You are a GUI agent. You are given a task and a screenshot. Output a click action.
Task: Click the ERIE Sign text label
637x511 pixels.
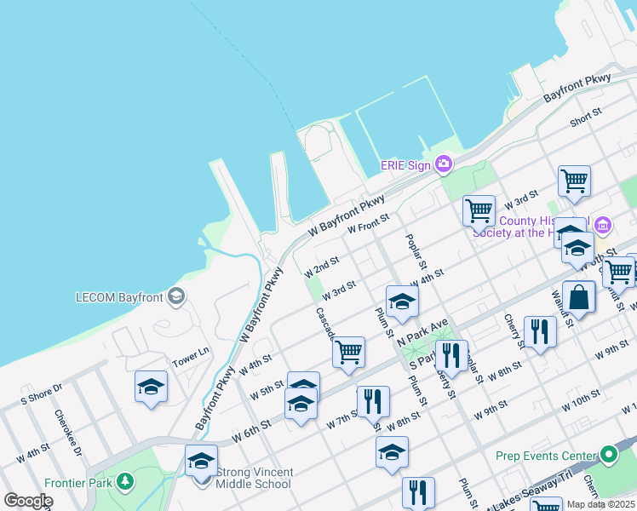405,164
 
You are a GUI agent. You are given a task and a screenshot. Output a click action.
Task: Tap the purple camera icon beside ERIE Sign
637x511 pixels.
443,164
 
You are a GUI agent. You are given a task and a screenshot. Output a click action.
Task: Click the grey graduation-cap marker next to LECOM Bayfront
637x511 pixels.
176,296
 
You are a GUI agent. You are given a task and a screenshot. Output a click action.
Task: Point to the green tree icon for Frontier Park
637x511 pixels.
125,482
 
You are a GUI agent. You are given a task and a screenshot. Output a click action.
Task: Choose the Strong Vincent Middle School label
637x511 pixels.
255,479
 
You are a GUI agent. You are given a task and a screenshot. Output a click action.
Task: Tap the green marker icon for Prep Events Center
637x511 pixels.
608,455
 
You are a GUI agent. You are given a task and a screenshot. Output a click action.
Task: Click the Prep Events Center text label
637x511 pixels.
546,456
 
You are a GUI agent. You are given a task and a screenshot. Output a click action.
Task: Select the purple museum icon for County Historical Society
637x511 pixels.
603,226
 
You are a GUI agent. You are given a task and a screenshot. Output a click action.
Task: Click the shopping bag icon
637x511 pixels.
578,299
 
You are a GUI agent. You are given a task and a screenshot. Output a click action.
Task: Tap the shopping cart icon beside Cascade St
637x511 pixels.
348,352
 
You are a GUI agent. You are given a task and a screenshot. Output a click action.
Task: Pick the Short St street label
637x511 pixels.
585,117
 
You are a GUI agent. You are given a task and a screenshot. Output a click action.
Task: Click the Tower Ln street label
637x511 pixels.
191,354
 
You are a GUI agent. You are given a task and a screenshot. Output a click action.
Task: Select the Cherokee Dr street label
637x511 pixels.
68,433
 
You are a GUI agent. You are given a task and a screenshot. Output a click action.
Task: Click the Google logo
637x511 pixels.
27,501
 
